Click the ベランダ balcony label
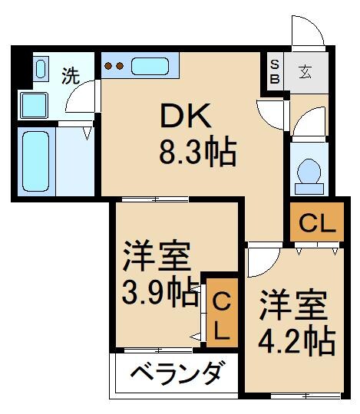(x=177, y=375)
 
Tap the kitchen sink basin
(x=152, y=66)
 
